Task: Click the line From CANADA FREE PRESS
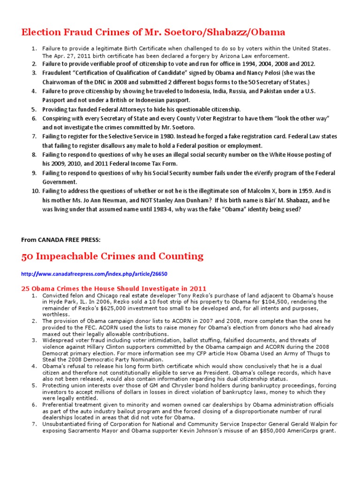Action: click(61, 240)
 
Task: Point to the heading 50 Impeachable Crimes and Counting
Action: click(112, 256)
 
